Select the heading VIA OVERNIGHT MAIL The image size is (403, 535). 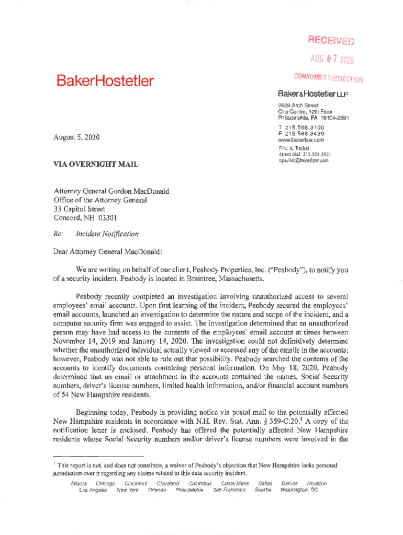[96, 165]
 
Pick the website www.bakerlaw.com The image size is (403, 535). [301, 140]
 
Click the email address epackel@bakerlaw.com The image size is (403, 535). [303, 160]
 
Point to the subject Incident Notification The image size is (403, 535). [107, 234]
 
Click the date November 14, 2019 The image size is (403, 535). [80, 341]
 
